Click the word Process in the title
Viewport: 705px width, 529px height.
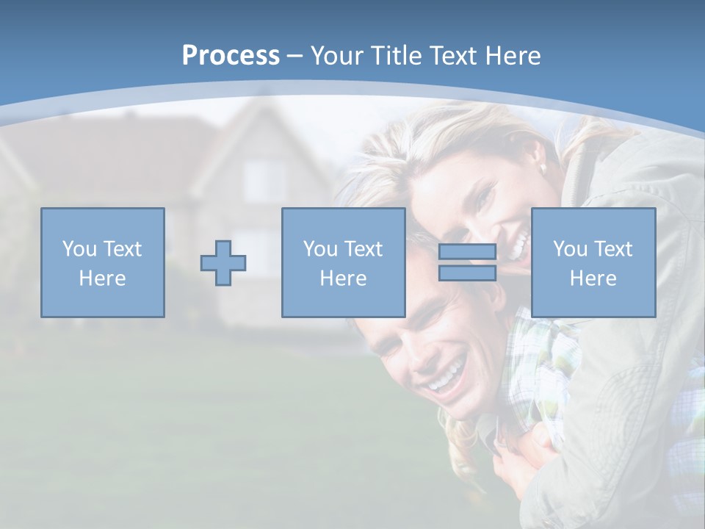[231, 56]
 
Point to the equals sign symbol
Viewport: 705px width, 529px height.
[467, 262]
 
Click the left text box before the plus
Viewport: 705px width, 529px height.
[103, 262]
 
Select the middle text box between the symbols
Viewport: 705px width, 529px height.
[343, 262]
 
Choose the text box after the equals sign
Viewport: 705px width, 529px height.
[593, 262]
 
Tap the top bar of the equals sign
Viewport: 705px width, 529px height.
[467, 252]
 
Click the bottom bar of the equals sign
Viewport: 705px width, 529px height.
[467, 273]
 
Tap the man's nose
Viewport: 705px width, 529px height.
[416, 351]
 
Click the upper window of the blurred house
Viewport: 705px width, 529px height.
[263, 180]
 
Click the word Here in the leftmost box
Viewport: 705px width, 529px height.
[103, 278]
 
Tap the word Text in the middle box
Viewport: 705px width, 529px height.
[364, 249]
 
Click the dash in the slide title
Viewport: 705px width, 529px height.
[294, 56]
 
